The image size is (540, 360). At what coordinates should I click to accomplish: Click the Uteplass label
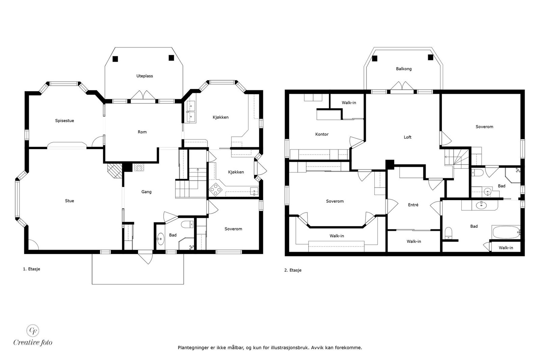[145, 76]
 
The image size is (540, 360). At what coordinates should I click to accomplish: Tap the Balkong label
[404, 69]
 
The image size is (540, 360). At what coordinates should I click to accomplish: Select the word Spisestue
[64, 120]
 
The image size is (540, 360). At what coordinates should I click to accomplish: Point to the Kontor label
[322, 134]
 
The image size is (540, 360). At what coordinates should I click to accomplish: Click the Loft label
[408, 137]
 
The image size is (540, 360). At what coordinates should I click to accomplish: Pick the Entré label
[413, 204]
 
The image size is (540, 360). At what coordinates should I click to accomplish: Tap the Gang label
[146, 192]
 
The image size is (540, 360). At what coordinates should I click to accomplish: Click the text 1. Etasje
[32, 269]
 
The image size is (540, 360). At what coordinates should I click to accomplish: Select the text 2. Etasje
[293, 270]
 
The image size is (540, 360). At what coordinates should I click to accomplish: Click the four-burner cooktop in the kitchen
[216, 189]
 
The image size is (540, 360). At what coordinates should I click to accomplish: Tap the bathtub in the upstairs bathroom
[506, 232]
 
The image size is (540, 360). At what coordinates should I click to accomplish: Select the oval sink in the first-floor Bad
[161, 239]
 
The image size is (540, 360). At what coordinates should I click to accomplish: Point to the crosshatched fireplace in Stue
[115, 171]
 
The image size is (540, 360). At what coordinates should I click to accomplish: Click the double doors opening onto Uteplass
[143, 96]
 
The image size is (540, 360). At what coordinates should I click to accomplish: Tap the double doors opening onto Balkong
[402, 87]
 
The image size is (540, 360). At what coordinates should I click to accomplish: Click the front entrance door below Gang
[145, 257]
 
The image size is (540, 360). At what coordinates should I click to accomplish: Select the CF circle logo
[33, 330]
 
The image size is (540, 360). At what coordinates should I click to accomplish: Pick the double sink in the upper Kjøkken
[191, 112]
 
